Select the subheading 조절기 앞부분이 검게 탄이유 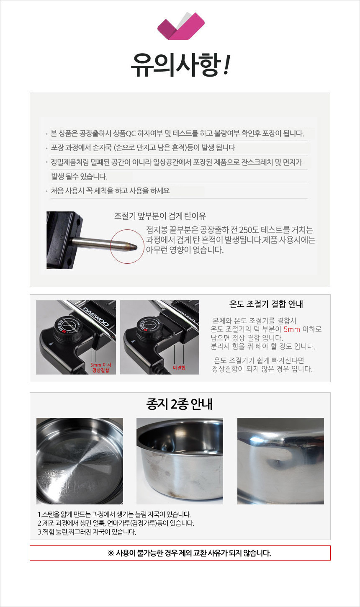[x=160, y=216]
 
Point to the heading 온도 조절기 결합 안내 [x=267, y=304]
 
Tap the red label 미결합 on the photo [x=179, y=368]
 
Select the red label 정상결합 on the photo [x=100, y=370]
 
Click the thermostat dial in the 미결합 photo [x=149, y=325]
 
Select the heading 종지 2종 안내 [x=180, y=405]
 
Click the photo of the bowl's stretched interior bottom [x=80, y=461]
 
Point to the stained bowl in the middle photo [x=180, y=461]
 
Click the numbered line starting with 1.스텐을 [x=114, y=514]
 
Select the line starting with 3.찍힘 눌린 [x=87, y=532]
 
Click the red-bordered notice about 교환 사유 [x=180, y=553]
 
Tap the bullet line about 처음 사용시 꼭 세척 [x=110, y=191]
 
